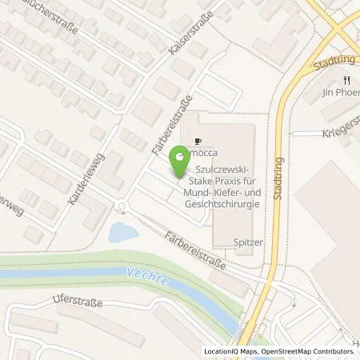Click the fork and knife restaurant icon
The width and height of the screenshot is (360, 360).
tap(346, 81)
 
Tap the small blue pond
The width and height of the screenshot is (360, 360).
tap(122, 233)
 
